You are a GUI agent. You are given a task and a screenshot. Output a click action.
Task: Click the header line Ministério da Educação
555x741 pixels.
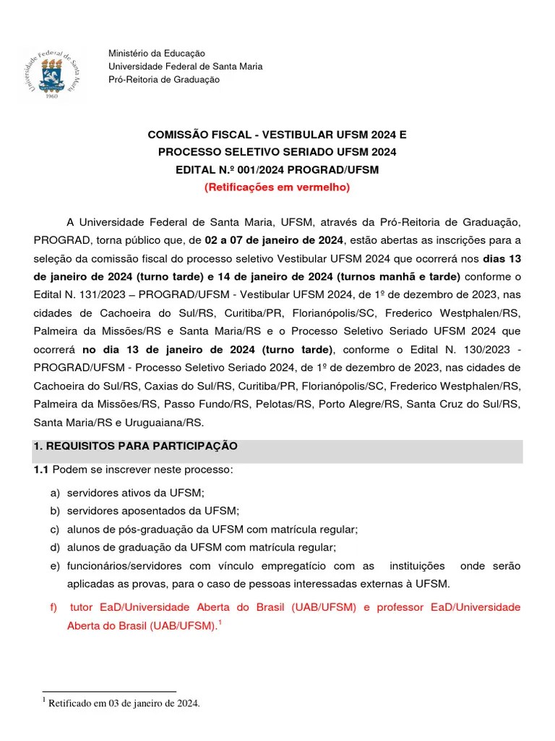tap(156, 54)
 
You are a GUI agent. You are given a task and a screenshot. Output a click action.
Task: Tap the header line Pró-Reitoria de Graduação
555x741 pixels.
tap(163, 80)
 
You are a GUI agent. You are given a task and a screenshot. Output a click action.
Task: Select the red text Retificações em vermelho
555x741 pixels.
tap(277, 187)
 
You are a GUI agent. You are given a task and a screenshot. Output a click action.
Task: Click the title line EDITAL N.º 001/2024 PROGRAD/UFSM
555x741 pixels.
tap(277, 169)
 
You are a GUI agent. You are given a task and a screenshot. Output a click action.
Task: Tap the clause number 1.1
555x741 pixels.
tap(40, 470)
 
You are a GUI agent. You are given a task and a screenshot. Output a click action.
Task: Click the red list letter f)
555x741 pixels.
tap(54, 607)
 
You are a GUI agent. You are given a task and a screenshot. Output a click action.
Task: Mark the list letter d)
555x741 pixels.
tap(54, 547)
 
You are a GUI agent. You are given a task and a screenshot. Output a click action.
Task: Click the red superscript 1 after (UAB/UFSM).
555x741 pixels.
tap(220, 620)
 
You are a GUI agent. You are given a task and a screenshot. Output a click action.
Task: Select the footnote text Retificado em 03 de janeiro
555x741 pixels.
tap(124, 702)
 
